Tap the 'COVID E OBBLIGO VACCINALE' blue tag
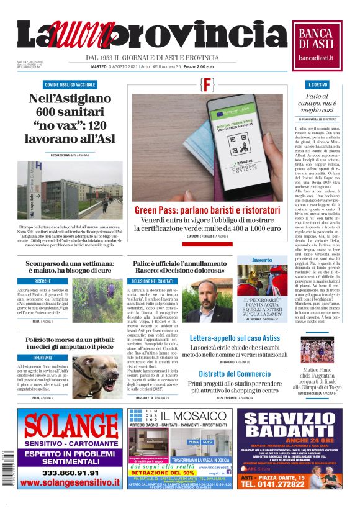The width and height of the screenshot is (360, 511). [x=70, y=84]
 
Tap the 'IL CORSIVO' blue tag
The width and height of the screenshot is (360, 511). [x=317, y=84]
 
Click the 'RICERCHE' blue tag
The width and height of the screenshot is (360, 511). [x=43, y=281]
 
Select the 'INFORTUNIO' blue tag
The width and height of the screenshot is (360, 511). [x=43, y=358]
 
